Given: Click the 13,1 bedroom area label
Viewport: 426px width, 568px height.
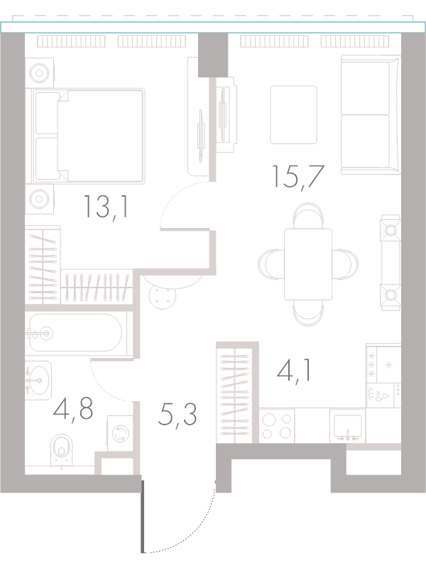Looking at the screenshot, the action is [106, 207].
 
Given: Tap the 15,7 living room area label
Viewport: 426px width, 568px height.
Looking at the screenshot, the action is [297, 176].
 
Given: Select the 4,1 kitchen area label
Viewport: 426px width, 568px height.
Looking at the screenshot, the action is [293, 369].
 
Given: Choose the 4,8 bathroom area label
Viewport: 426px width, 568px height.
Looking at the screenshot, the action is [73, 410].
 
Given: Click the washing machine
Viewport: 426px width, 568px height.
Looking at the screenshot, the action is [121, 433].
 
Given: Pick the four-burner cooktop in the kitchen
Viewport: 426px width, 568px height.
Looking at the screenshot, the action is [277, 425].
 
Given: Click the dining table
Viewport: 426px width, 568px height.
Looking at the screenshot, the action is [308, 264].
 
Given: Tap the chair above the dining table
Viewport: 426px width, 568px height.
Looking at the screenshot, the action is [308, 216].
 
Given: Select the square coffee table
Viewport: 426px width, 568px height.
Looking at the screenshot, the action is [293, 114].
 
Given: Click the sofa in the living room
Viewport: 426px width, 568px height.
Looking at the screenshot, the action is [371, 115].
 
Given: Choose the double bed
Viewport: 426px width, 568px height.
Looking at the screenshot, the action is [88, 136].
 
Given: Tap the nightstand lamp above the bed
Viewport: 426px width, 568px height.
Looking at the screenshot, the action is [39, 73].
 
